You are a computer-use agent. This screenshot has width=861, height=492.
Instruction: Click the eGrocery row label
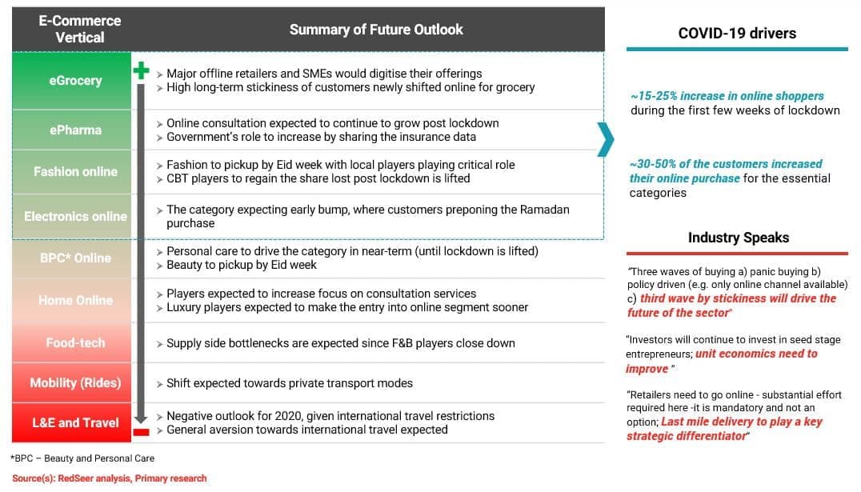coord(75,80)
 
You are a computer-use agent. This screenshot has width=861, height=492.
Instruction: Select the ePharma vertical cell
coord(75,130)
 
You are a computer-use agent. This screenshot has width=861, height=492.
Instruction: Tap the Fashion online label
coord(75,171)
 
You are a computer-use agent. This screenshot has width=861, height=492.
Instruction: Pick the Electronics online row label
coord(75,216)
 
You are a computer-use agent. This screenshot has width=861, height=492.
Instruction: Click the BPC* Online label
coord(75,258)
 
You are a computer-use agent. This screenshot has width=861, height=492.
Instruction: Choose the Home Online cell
coord(75,300)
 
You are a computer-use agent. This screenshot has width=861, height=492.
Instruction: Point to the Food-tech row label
coord(75,342)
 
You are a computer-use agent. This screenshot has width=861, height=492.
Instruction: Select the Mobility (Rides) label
coord(75,382)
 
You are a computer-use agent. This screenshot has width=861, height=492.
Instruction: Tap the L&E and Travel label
coord(75,422)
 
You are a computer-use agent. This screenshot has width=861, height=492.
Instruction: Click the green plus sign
coord(141,70)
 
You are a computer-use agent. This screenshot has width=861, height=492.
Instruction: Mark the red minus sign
coord(141,432)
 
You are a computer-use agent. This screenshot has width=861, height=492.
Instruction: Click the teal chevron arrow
coord(606,139)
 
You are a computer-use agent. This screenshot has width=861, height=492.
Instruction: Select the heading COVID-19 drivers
coord(737,33)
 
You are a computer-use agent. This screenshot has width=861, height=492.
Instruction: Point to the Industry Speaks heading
coord(738,238)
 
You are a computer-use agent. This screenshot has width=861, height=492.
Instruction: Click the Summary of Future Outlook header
coord(376,30)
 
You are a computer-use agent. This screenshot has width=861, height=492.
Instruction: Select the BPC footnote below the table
coord(83,458)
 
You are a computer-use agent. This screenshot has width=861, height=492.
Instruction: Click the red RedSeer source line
coord(109,478)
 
